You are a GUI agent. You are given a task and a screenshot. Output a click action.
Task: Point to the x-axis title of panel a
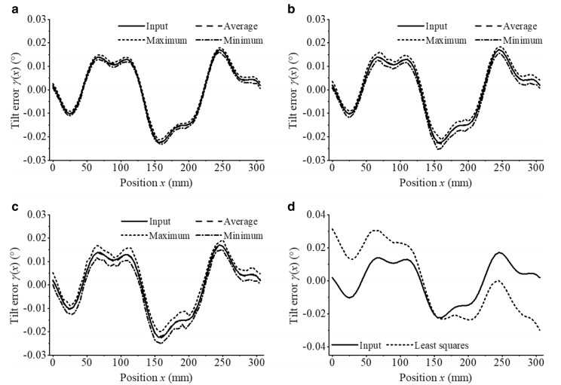pos(154,182)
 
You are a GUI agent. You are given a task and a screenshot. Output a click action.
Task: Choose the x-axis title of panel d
pos(435,377)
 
